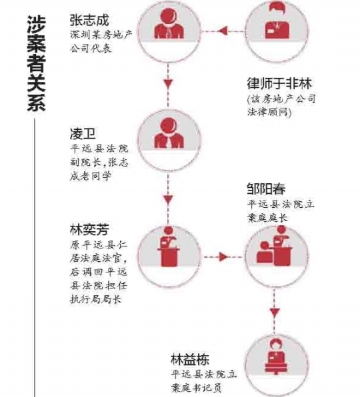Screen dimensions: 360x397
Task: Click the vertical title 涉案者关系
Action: pos(36,63)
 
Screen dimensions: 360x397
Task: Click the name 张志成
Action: pos(89,20)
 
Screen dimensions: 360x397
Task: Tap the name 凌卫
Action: pos(83,133)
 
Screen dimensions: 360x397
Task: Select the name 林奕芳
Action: pos(89,230)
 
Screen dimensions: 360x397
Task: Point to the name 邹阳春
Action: pos(266,189)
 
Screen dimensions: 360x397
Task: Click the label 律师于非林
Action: pos(279,83)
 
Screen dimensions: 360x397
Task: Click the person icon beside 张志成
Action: pos(169,23)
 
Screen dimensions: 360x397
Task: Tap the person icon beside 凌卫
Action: pos(169,133)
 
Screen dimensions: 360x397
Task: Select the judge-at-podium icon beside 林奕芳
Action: pos(169,246)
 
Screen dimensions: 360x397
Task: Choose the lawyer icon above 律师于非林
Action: pos(277,20)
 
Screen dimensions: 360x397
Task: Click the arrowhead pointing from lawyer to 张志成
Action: pos(223,31)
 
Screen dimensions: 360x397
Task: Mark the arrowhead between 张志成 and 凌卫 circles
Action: pos(168,83)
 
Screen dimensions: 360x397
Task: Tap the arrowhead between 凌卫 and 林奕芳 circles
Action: pos(168,199)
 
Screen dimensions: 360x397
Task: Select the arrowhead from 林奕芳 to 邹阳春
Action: pos(224,256)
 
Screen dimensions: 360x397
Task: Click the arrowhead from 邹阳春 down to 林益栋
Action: pos(275,312)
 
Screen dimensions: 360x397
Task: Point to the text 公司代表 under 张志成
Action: pos(91,48)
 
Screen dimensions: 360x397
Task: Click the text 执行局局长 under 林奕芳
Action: pos(95,299)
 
